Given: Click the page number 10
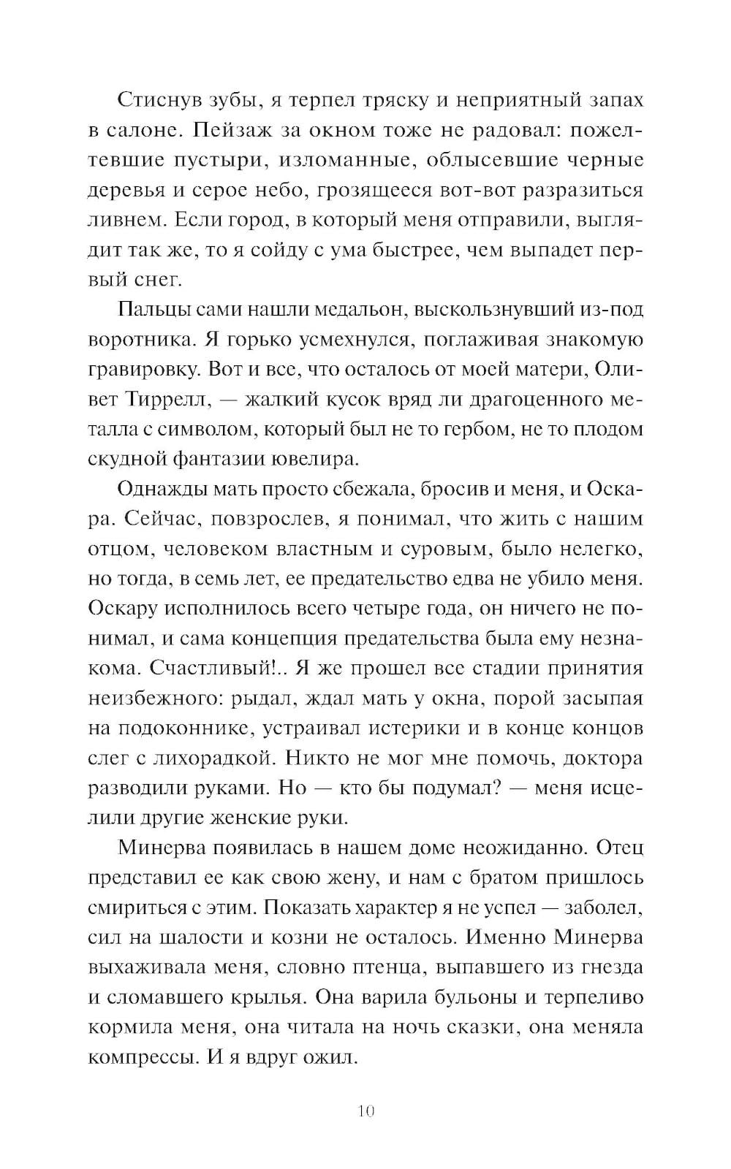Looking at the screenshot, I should [366, 1112].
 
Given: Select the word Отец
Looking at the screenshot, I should [620, 848].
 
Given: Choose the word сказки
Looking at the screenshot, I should [520, 1027].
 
